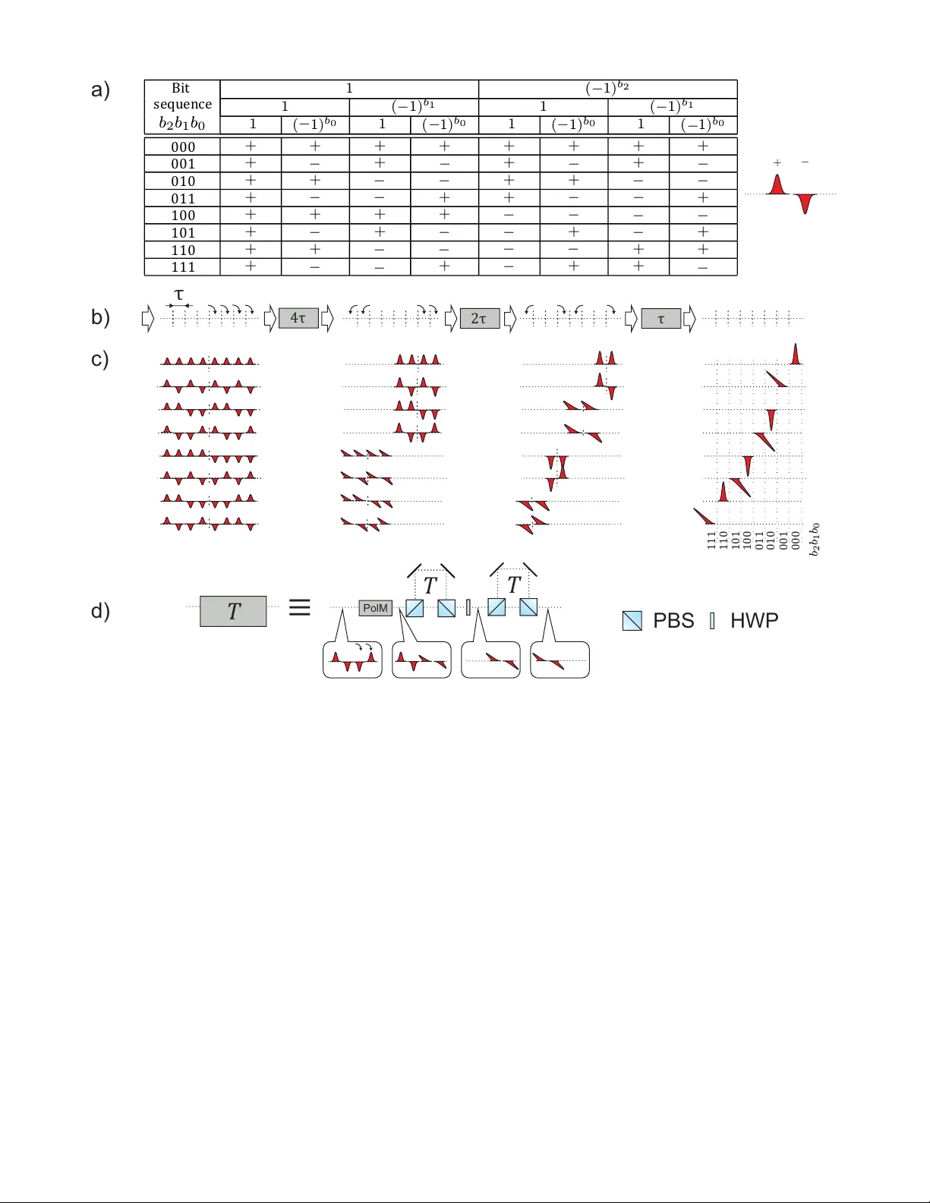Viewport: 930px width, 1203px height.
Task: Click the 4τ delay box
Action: pyautogui.click(x=298, y=319)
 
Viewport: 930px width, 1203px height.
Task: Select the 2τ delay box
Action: pyautogui.click(x=480, y=319)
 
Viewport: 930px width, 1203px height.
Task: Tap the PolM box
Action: pyautogui.click(x=375, y=608)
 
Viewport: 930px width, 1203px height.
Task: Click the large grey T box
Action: pyautogui.click(x=233, y=611)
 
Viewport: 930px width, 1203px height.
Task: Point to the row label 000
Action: pyautogui.click(x=183, y=146)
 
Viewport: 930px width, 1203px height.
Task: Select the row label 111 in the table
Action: pyautogui.click(x=183, y=267)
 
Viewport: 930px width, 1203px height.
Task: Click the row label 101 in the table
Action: pyautogui.click(x=183, y=233)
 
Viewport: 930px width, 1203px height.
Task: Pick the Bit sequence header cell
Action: pyautogui.click(x=182, y=106)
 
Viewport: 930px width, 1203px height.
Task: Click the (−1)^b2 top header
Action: pyautogui.click(x=607, y=89)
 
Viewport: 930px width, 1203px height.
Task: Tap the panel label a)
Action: pyautogui.click(x=100, y=90)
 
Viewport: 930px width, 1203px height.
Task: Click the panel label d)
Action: pyautogui.click(x=100, y=611)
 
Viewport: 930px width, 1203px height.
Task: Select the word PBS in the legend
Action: pyautogui.click(x=673, y=621)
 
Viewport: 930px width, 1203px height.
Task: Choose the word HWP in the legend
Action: pyautogui.click(x=754, y=621)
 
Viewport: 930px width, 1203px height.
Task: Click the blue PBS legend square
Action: pyautogui.click(x=632, y=621)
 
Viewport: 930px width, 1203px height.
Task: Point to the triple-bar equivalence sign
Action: pyautogui.click(x=300, y=607)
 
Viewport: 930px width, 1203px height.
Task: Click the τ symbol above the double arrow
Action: pyautogui.click(x=179, y=294)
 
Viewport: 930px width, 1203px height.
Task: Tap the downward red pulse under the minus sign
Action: pyautogui.click(x=805, y=203)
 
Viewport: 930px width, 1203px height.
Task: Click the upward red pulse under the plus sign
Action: pyautogui.click(x=776, y=185)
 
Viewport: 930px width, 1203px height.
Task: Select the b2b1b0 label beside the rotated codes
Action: pyautogui.click(x=815, y=539)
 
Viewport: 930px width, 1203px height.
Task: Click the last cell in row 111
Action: pyautogui.click(x=703, y=267)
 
